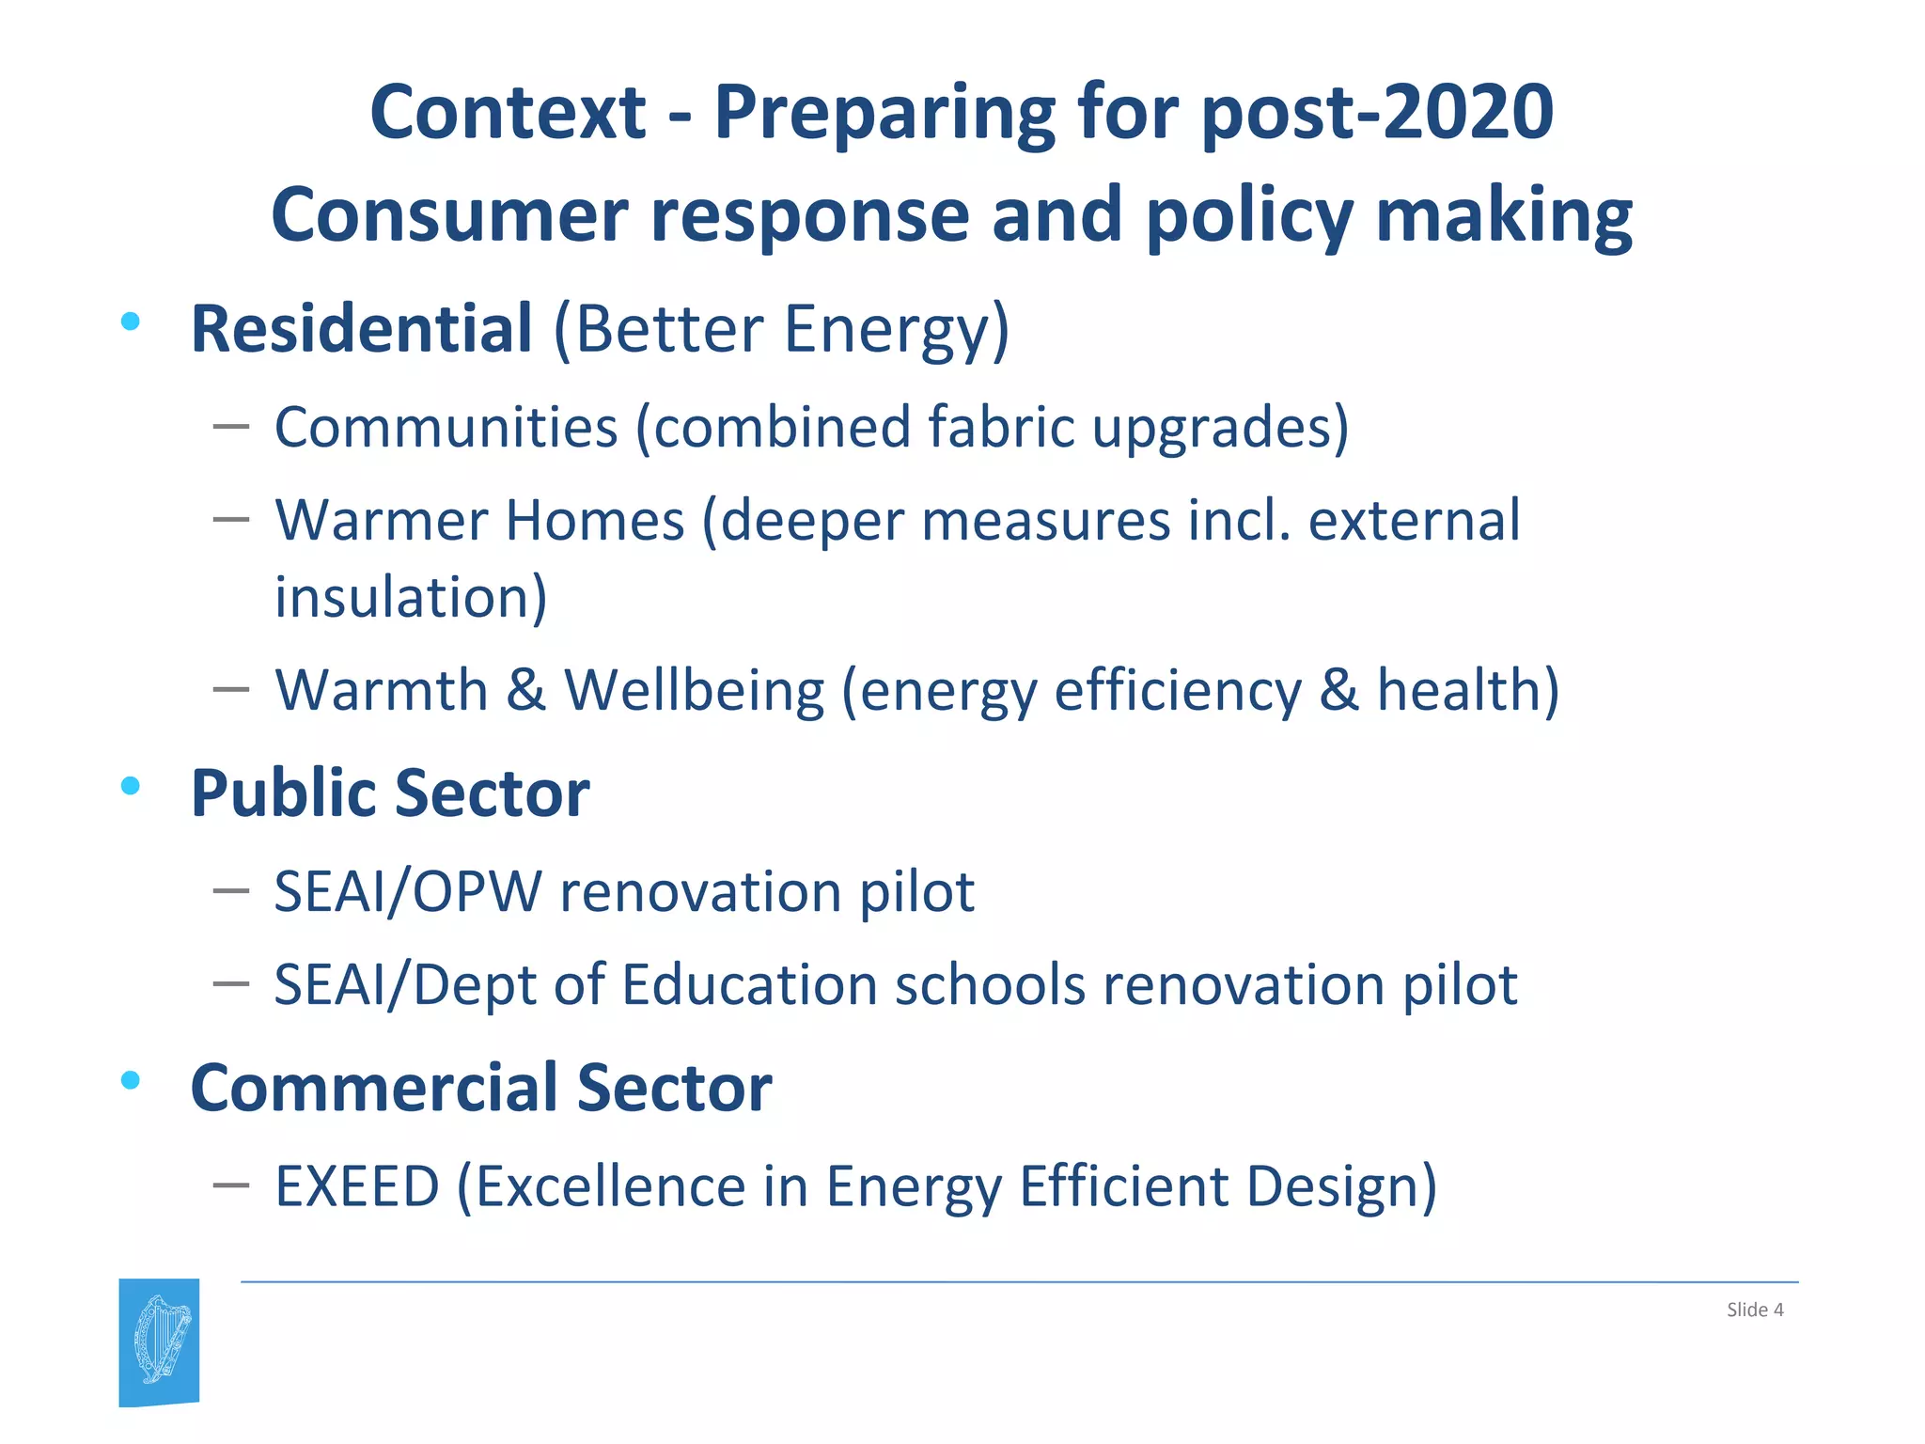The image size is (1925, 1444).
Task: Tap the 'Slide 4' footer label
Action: click(1754, 1310)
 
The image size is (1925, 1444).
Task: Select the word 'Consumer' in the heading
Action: click(449, 216)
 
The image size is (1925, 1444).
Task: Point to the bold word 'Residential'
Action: click(361, 329)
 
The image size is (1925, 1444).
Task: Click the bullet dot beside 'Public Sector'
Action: click(131, 786)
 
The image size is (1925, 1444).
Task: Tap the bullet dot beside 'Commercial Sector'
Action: click(131, 1081)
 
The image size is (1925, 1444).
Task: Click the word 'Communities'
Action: click(446, 428)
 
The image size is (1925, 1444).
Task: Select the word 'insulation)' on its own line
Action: click(411, 598)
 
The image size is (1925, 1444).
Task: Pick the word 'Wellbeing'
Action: click(694, 691)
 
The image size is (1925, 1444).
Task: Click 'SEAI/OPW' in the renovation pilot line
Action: click(408, 892)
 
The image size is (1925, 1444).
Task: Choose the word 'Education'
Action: click(749, 986)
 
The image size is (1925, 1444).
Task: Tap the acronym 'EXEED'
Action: click(357, 1186)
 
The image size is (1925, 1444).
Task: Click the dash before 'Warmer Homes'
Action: click(230, 519)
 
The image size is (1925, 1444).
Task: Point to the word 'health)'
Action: click(1467, 691)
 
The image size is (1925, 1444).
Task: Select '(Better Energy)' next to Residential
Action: click(781, 331)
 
